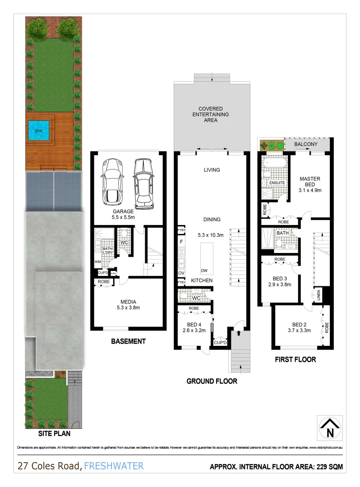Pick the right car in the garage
pyautogui.click(x=143, y=181)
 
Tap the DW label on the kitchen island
pyautogui.click(x=204, y=271)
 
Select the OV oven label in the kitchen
pyautogui.click(x=181, y=273)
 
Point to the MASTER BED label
pyautogui.click(x=310, y=182)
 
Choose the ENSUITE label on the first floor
pyautogui.click(x=277, y=183)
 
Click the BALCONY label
pyautogui.click(x=306, y=144)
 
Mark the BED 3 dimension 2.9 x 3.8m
pyautogui.click(x=280, y=284)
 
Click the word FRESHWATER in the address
pyautogui.click(x=114, y=465)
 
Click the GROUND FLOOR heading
pyautogui.click(x=212, y=381)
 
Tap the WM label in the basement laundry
pyautogui.click(x=97, y=262)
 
